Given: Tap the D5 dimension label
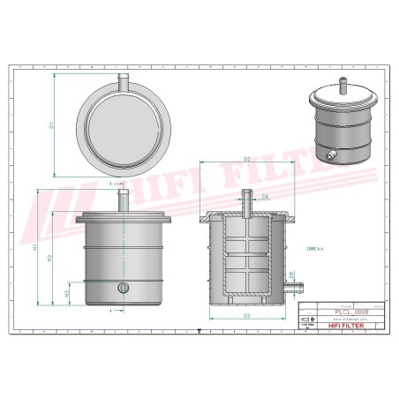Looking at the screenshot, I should click(290, 275).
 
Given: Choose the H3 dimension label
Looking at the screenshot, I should click(67, 292).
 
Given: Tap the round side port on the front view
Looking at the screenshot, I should click(123, 287).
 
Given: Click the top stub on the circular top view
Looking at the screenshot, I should click(123, 82).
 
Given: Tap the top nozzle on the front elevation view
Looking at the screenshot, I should click(123, 199).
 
